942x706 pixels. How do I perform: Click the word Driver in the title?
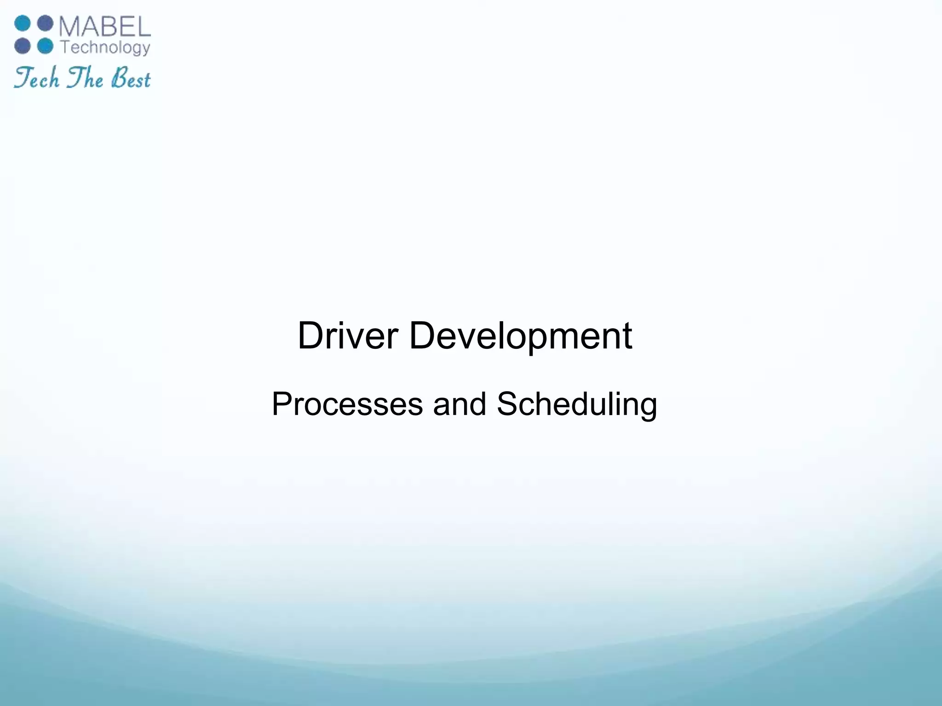tap(347, 336)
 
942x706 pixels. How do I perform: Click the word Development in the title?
tap(520, 336)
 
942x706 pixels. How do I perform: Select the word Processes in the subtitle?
tap(347, 404)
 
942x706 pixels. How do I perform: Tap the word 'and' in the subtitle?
tap(459, 404)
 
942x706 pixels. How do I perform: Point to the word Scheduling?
tap(577, 404)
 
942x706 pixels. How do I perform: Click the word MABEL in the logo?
tap(105, 28)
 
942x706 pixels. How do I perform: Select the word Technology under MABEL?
tap(105, 48)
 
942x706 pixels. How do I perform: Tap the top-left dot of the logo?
tap(22, 23)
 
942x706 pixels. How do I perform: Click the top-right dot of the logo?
tap(45, 23)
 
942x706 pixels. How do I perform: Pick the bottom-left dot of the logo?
tap(22, 46)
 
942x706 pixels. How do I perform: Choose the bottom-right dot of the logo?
tap(45, 46)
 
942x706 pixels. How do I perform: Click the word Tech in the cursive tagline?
tap(37, 78)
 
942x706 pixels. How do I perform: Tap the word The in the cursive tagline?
tap(85, 78)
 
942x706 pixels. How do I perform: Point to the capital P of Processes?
tap(281, 404)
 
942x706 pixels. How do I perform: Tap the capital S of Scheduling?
tap(507, 404)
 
